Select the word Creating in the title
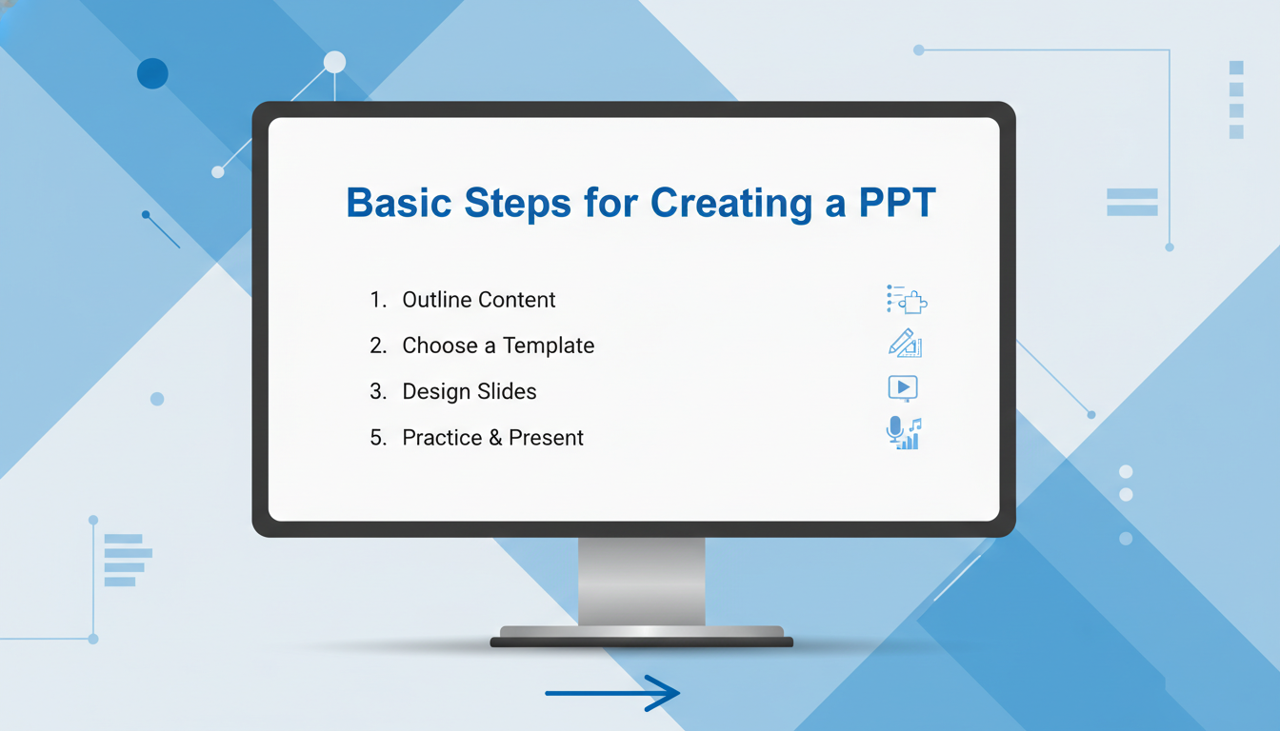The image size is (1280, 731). point(731,204)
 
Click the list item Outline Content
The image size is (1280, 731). point(478,300)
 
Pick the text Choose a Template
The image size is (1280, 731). point(498,346)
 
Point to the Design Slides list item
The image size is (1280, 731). point(470,392)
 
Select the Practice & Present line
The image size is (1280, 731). point(492,438)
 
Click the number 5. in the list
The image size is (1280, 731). point(378,438)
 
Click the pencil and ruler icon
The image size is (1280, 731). point(905,344)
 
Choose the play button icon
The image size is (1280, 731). point(903,388)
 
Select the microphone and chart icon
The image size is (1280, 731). point(904,433)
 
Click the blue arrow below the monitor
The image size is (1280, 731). point(612,693)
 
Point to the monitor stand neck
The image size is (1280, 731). point(641,582)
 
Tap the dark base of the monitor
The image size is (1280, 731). point(641,642)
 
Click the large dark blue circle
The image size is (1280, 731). point(152,73)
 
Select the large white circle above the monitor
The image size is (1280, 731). point(335,62)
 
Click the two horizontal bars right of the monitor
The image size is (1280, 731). point(1132,202)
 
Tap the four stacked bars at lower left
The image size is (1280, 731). point(128,561)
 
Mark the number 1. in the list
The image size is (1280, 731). point(378,300)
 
